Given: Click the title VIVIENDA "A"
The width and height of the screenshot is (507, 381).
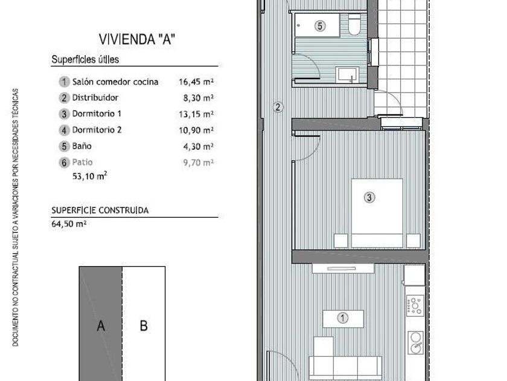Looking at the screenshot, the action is click(x=137, y=39).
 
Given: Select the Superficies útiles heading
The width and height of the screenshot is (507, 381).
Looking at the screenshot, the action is click(x=85, y=60).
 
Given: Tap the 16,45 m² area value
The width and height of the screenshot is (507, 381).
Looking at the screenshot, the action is click(x=196, y=82).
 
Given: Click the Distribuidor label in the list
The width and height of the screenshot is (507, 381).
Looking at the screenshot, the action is click(x=95, y=97).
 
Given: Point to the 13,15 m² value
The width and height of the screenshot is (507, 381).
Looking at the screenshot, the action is click(x=196, y=114).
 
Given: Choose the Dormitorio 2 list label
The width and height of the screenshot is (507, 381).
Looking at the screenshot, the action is click(x=97, y=130).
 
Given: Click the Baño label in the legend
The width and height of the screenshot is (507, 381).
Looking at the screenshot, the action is click(x=82, y=146).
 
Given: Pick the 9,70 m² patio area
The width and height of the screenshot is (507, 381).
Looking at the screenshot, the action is click(x=199, y=162).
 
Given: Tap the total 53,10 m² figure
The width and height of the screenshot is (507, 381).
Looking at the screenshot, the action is click(x=89, y=176).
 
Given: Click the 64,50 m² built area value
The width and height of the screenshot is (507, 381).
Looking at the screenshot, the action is click(x=69, y=224).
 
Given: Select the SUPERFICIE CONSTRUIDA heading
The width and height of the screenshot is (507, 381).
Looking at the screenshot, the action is click(x=100, y=210).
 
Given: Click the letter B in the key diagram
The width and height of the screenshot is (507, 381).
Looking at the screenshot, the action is click(x=144, y=325).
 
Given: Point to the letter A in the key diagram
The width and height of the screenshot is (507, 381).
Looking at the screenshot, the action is click(x=101, y=325).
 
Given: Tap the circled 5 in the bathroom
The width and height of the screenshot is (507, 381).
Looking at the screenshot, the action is click(x=320, y=26).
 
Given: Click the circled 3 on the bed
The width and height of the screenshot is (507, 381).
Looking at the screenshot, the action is click(x=369, y=197).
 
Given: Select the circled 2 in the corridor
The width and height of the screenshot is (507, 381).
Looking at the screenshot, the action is click(x=278, y=107).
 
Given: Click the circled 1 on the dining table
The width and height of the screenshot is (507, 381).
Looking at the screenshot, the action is click(x=342, y=318).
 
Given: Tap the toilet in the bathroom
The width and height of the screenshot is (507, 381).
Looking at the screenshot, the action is click(x=354, y=24).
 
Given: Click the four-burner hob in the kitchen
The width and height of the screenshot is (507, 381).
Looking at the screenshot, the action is click(x=415, y=305).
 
